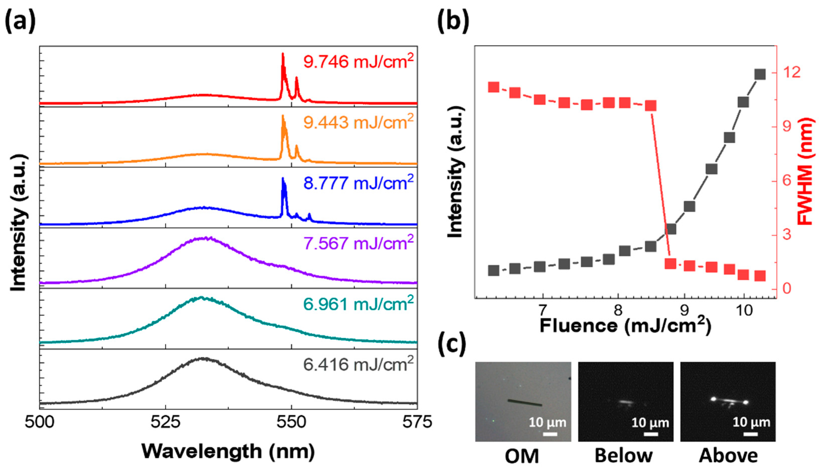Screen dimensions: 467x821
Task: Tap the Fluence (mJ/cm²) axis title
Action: coord(625,325)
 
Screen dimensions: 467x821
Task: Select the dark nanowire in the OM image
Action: coord(525,402)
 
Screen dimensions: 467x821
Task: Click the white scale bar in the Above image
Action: coord(751,434)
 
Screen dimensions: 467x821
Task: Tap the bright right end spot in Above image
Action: coord(745,411)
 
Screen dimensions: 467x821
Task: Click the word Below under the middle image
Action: coord(624,455)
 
